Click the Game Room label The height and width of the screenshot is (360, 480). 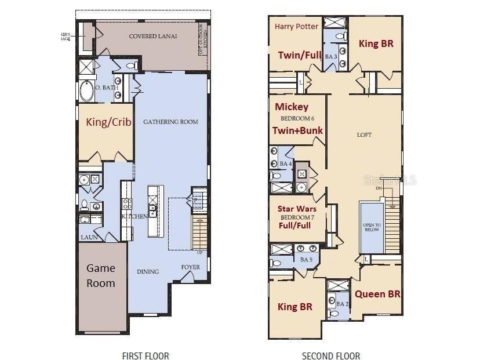point(101,275)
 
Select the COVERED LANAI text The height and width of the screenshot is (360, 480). point(152,36)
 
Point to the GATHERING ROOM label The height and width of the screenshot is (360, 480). point(170,122)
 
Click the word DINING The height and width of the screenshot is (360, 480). point(148,271)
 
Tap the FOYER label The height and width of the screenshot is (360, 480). point(190,267)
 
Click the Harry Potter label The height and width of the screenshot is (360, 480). point(296,26)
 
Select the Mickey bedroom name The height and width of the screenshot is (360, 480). point(292,107)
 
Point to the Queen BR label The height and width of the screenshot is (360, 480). point(377,294)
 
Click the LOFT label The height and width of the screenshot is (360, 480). point(364,134)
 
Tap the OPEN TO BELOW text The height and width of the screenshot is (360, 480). point(372,227)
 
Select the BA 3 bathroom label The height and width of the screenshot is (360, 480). point(330,57)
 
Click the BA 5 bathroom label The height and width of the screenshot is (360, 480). point(306,260)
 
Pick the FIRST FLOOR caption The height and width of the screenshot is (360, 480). point(146,355)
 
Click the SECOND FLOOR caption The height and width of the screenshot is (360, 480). point(331,355)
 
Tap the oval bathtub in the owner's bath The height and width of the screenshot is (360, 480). point(87,91)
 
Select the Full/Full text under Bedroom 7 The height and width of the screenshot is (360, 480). point(295,227)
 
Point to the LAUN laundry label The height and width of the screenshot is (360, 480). point(88,237)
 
